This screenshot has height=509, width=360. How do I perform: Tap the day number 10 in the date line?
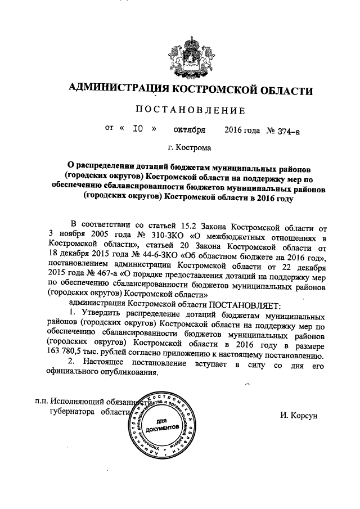coord(137,129)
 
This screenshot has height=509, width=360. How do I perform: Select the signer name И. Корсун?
coord(299,415)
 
